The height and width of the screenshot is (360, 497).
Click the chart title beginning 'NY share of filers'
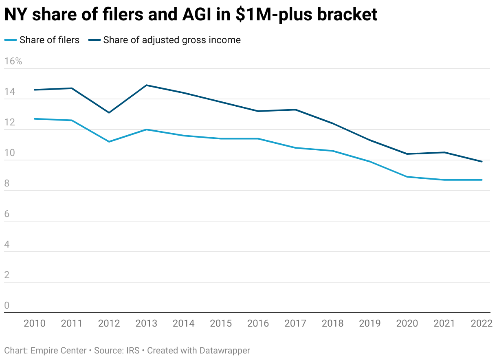191,15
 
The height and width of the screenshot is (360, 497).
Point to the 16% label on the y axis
13,61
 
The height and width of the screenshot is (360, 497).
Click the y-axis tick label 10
9,153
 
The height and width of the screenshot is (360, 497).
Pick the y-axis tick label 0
7,306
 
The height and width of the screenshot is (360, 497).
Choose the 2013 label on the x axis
146,324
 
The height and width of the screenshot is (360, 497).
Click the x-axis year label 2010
35,324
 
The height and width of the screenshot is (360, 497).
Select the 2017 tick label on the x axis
295,324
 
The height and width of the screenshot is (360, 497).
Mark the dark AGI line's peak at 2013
146,85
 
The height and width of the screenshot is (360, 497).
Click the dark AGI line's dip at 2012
109,112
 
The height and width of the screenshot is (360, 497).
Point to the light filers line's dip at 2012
109,142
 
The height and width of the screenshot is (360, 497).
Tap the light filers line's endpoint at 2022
482,180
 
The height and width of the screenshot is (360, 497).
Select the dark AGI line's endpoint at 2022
482,162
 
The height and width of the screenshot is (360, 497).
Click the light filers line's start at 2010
35,119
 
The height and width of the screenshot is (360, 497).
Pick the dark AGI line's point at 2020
407,154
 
